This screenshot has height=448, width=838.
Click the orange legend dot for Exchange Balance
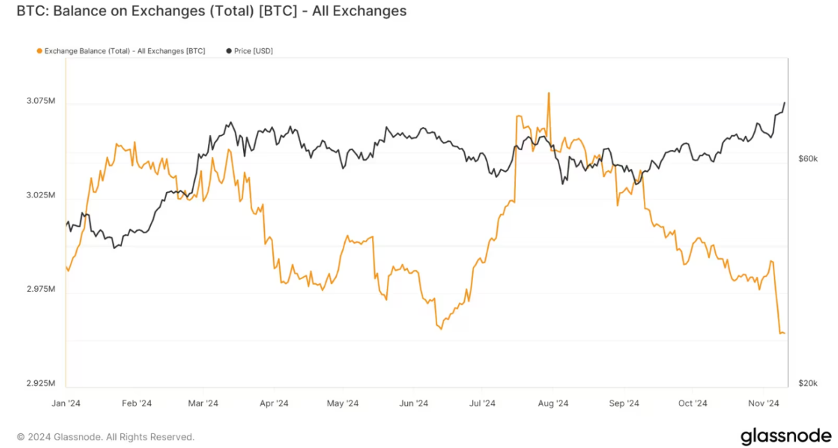(38, 51)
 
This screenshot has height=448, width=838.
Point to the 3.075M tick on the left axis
(41, 101)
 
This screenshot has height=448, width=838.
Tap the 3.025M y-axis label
(41, 195)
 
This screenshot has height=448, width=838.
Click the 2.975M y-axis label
(41, 289)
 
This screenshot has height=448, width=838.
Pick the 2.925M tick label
(41, 383)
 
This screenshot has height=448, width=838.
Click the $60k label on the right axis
(807, 159)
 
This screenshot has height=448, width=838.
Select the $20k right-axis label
(807, 383)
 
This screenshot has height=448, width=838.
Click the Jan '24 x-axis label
(66, 403)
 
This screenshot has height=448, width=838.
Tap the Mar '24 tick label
(203, 403)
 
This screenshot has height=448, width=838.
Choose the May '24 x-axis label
(343, 403)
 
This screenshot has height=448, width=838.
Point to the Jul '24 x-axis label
(482, 403)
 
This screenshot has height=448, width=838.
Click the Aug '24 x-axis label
(554, 403)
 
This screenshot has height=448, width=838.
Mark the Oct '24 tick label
(693, 403)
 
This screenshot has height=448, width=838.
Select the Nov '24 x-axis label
(764, 403)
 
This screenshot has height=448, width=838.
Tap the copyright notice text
(105, 437)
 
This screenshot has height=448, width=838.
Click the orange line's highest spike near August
(549, 93)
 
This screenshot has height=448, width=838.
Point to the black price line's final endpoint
(784, 103)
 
